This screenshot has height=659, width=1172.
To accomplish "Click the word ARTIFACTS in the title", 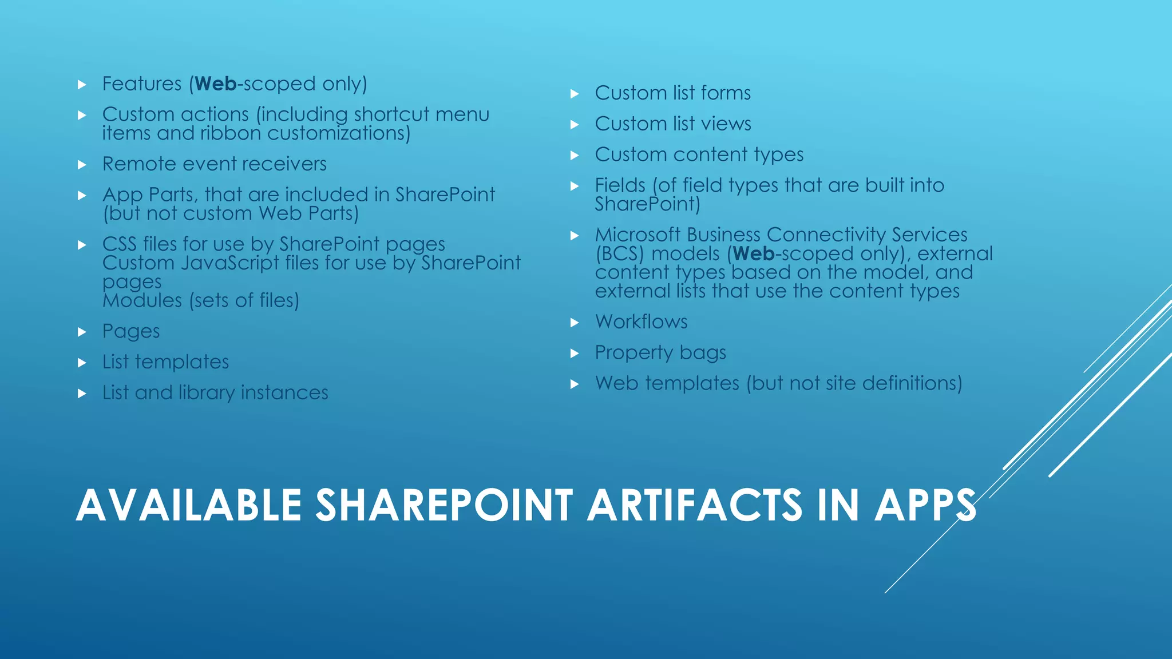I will (x=695, y=506).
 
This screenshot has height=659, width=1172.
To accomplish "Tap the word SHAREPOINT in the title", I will (x=444, y=506).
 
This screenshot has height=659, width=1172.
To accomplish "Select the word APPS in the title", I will (x=925, y=506).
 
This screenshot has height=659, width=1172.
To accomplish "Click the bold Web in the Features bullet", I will (x=215, y=84).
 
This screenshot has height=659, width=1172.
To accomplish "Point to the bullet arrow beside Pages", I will (x=82, y=332).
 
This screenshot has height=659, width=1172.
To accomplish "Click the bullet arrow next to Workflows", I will (x=575, y=323).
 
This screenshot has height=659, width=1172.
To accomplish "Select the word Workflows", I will (x=641, y=322).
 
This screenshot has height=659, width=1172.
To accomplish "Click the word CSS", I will (x=119, y=244).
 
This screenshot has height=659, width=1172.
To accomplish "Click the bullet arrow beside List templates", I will (x=82, y=363).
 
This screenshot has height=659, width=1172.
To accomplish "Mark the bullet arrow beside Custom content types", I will (x=575, y=156).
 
